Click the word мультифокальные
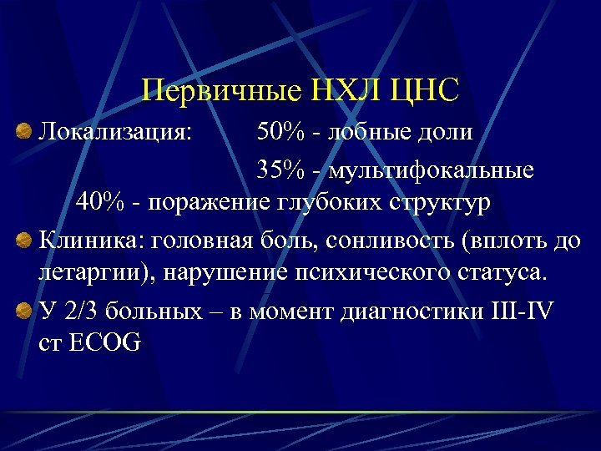click(431, 171)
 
